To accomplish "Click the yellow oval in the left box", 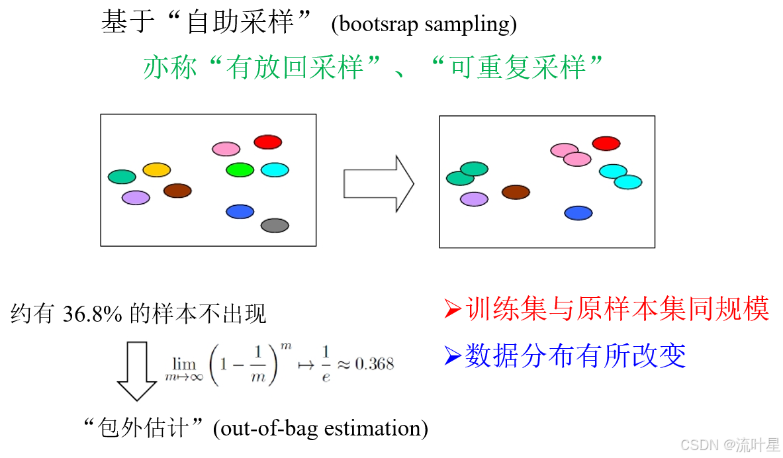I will [x=156, y=170].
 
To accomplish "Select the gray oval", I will [x=275, y=226].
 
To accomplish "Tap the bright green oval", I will [x=240, y=170].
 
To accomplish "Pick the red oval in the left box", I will [x=268, y=142].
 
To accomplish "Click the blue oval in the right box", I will [x=578, y=213].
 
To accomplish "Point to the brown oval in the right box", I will [x=516, y=192].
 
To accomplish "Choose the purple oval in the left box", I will [x=136, y=198].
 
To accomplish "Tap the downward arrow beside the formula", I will [x=137, y=371].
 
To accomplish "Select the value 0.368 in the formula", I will [x=374, y=364].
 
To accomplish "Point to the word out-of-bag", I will [x=273, y=428].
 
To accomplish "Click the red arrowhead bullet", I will [x=452, y=309].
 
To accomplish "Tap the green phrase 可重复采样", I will [x=517, y=68].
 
